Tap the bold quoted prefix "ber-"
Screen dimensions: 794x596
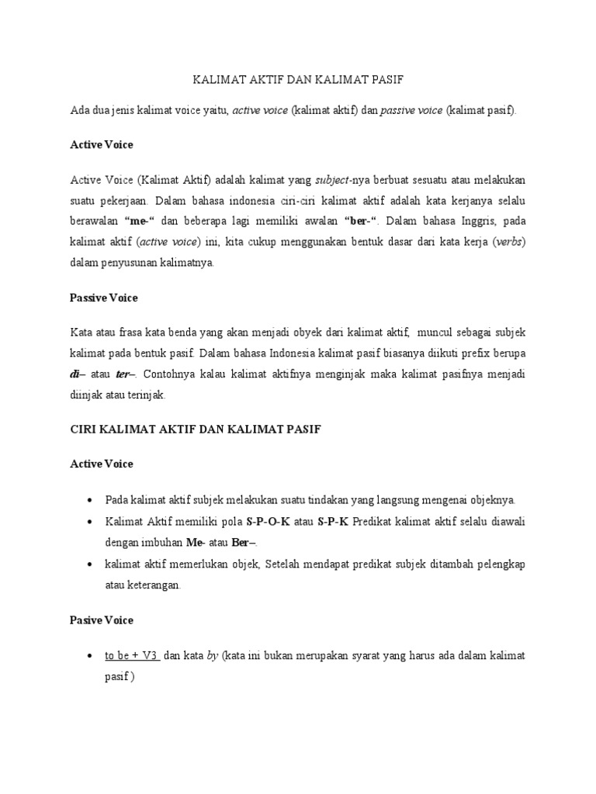367,221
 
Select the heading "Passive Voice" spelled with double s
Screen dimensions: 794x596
104,297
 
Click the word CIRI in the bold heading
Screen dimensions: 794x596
84,428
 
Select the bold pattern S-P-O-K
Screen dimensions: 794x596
268,522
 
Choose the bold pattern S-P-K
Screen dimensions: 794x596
334,522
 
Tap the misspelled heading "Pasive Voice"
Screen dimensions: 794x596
102,620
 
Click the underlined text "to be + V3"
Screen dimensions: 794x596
132,656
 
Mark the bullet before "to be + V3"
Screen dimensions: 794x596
92,657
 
